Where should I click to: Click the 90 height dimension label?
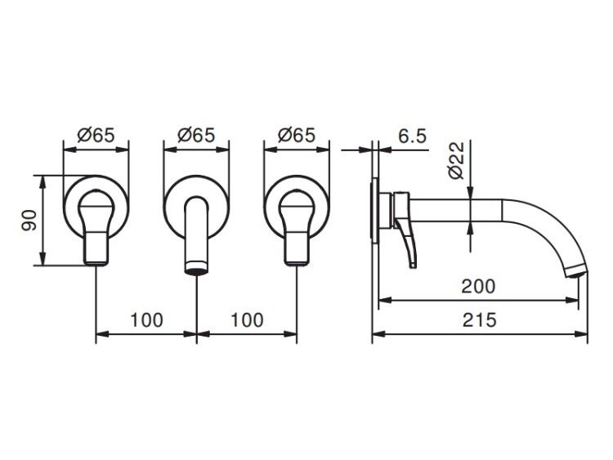tap(29, 220)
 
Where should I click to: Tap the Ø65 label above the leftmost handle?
tap(96, 136)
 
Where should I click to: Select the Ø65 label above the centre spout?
tap(196, 136)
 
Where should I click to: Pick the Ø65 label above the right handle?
tap(297, 136)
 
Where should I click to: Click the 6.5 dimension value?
tap(413, 136)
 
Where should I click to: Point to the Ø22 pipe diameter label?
tap(457, 160)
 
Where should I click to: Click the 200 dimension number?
tap(478, 287)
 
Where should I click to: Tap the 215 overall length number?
tap(479, 320)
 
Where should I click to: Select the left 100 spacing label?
tap(146, 320)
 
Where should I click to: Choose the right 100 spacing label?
tap(247, 320)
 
